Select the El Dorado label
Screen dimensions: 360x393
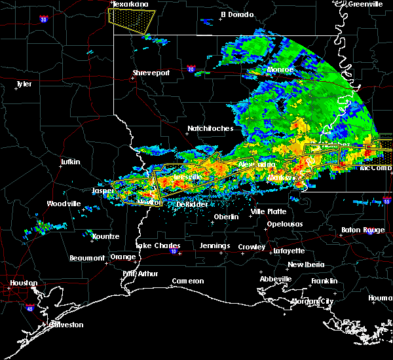tap(236, 14)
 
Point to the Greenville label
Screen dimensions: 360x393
tap(365, 4)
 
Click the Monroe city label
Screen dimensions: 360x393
tap(280, 69)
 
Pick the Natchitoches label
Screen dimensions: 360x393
tap(210, 129)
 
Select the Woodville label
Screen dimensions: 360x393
tap(63, 204)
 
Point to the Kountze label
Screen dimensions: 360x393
tap(105, 236)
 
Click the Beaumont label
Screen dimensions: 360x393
tap(87, 258)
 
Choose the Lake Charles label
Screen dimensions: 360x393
tap(158, 246)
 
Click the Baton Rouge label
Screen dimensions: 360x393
tap(363, 230)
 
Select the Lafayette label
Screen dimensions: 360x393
tap(289, 251)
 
